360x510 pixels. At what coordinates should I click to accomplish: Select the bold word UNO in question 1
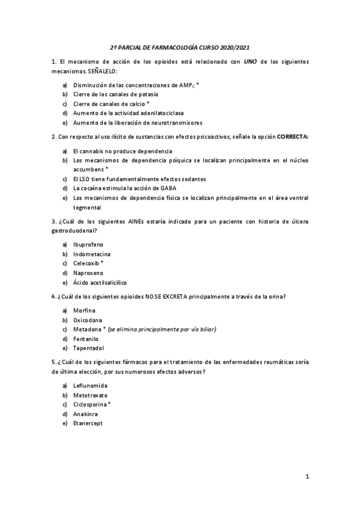[251, 62]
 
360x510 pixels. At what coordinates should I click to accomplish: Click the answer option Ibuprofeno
[88, 245]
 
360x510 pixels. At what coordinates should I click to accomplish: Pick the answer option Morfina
[85, 310]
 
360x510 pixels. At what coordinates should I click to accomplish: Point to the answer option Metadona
[87, 329]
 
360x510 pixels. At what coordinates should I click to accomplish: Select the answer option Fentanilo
[85, 339]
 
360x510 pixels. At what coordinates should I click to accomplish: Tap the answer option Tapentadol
[88, 348]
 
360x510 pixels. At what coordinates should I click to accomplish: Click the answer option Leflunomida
[90, 386]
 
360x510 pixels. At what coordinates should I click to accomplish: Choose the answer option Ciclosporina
[90, 405]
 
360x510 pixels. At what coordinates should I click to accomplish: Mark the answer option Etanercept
[88, 423]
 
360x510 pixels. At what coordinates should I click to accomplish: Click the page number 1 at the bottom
[307, 477]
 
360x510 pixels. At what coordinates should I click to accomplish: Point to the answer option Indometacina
[91, 254]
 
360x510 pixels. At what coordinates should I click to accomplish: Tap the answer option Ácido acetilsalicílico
[100, 283]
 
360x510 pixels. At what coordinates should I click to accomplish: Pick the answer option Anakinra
[85, 414]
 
